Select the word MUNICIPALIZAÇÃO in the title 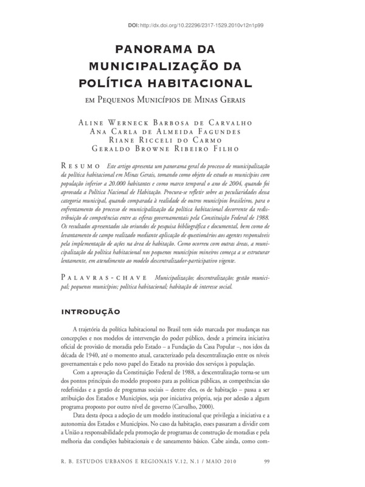pos(157,65)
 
